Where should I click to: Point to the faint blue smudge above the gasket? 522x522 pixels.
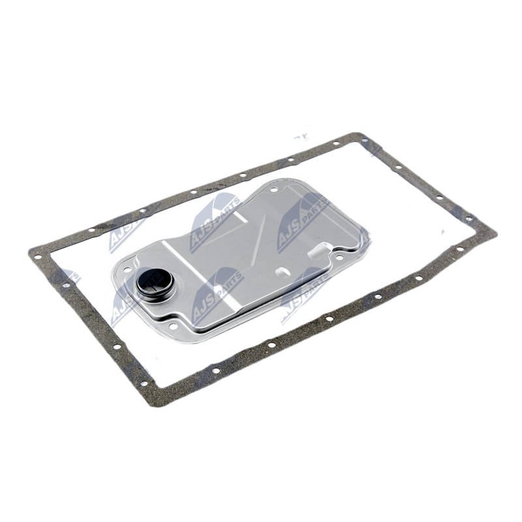click(x=301, y=138)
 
